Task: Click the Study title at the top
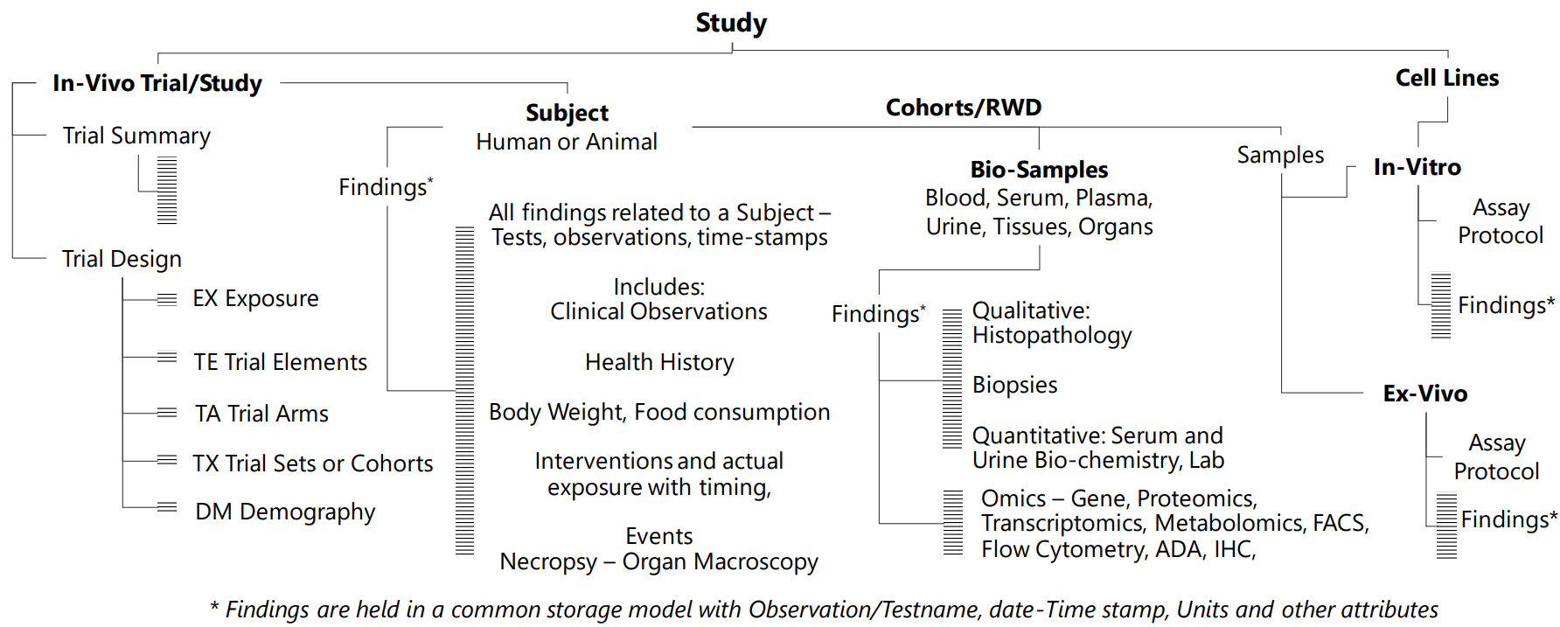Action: coord(731,23)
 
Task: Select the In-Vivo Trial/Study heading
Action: coord(157,83)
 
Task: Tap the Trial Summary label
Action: coord(136,136)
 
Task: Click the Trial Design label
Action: coord(122,259)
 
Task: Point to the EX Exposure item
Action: coord(255,298)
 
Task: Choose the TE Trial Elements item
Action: coord(280,362)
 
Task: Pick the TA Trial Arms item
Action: coord(261,414)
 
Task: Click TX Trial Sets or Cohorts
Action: coord(312,463)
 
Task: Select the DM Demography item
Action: coord(285,512)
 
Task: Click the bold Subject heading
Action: coord(567,113)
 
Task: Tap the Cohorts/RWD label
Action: coord(964,108)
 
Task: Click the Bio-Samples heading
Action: coord(1039,170)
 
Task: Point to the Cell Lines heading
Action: coord(1446,78)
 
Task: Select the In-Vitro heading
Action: coord(1417,167)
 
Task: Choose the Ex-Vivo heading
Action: coord(1424,394)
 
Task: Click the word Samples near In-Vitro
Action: coord(1280,155)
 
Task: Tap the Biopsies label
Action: coord(1014,385)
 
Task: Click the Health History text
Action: coord(659,362)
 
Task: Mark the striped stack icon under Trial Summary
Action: coord(167,190)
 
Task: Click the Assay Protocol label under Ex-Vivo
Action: coord(1496,457)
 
